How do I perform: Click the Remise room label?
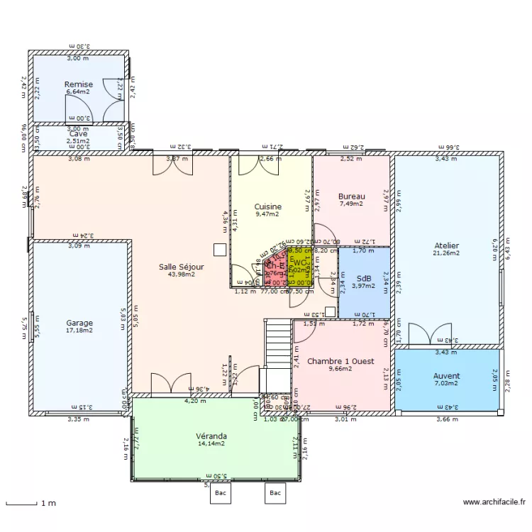pos(79,84)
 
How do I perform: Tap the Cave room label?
pos(78,133)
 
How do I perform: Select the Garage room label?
pos(79,323)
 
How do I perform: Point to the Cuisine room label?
pos(268,206)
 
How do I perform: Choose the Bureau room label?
pos(351,196)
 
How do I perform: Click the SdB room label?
pos(365,279)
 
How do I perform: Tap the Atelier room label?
pos(446,245)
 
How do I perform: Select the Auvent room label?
pos(446,376)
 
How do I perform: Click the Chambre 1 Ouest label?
pos(340,361)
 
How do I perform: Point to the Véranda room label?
pos(211,436)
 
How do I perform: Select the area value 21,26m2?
pos(446,253)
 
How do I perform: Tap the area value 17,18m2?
pos(79,331)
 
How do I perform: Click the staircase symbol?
pos(277,340)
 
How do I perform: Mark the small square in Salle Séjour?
pos(220,249)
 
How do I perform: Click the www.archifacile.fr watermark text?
pos(494,502)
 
